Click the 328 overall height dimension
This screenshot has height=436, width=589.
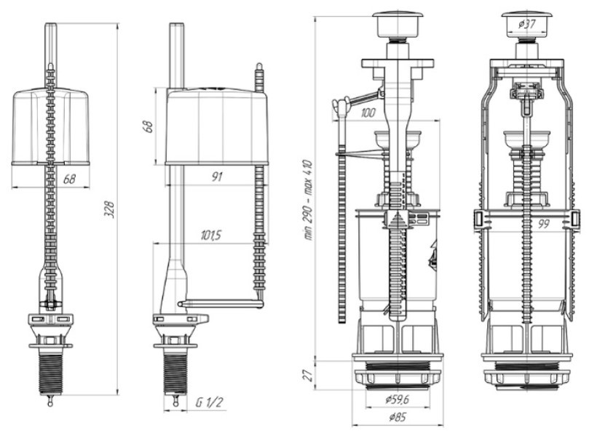pos(109,210)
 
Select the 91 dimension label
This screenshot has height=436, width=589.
pos(217,177)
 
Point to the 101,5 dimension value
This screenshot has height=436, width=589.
pos(210,235)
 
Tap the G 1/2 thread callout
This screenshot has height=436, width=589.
pos(209,403)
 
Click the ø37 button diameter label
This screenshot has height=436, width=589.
pos(526,25)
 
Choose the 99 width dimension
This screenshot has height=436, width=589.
pos(543,225)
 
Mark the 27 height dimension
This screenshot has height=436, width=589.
pos(309,375)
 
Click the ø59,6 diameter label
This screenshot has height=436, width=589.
pos(397,400)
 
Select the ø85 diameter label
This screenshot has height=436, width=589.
pos(398,416)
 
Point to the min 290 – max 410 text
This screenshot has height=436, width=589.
pos(308,200)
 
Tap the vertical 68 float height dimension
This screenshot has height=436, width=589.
pos(149,126)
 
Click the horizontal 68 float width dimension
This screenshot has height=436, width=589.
pos(69,179)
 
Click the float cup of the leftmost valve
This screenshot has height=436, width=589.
pos(51,126)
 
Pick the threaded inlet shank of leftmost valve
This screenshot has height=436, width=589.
pos(51,374)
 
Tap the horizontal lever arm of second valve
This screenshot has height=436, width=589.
pos(221,303)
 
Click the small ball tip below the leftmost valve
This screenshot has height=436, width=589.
pos(51,403)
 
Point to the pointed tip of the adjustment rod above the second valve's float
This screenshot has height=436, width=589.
pos(258,65)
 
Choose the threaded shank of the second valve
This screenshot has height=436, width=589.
pos(175,374)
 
